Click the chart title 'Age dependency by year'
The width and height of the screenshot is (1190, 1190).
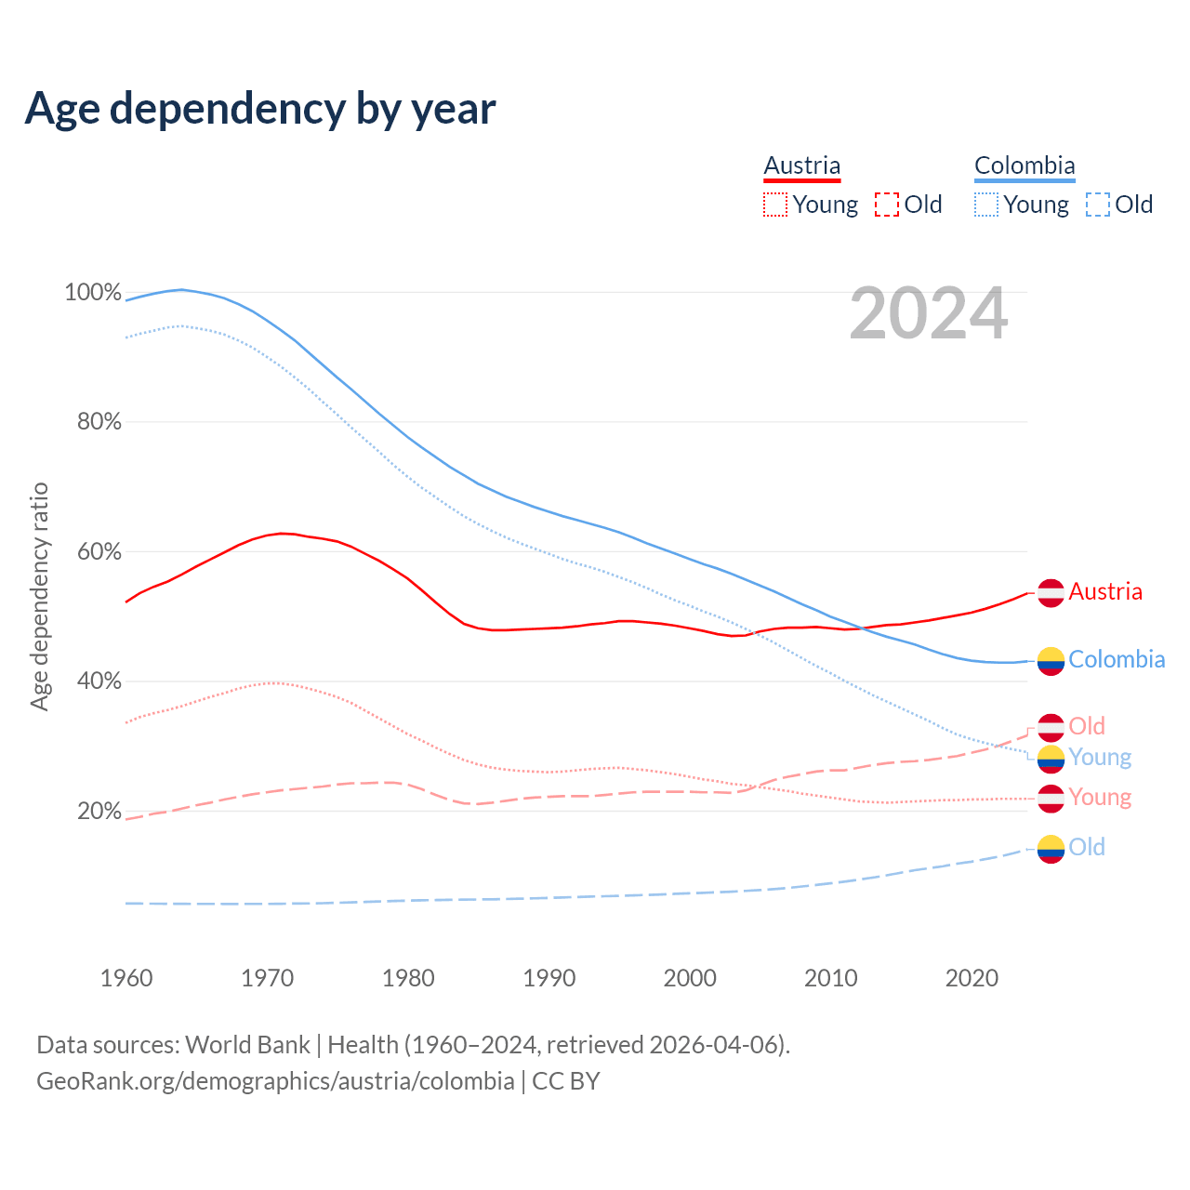click(x=260, y=109)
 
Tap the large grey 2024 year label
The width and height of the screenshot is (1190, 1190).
click(x=928, y=313)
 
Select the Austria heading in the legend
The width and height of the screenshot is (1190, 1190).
click(x=801, y=166)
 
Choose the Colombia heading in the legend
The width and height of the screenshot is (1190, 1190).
click(x=1025, y=166)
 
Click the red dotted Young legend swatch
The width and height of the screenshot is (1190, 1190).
click(x=775, y=205)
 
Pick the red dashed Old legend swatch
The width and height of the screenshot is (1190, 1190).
click(x=887, y=205)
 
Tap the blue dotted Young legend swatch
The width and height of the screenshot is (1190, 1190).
click(x=986, y=205)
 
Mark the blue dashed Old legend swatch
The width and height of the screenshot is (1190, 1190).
click(x=1098, y=205)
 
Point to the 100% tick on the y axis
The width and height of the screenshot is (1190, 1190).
click(x=93, y=293)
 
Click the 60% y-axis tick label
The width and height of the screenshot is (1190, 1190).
click(x=99, y=552)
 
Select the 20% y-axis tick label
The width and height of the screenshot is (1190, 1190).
click(x=99, y=812)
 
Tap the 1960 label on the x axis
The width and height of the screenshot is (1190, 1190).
click(x=126, y=978)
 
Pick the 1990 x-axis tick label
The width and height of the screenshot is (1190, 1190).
click(x=549, y=978)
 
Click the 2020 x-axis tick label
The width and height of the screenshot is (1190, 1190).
click(x=972, y=978)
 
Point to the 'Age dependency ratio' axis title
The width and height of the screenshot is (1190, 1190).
click(x=39, y=596)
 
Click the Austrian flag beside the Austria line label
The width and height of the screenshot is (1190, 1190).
click(x=1051, y=592)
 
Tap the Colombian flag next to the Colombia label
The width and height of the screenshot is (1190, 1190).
click(x=1051, y=660)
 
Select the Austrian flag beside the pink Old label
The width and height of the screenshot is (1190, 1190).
click(x=1051, y=727)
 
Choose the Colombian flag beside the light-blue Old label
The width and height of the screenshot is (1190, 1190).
click(x=1051, y=848)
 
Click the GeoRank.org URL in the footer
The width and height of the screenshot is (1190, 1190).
click(x=275, y=1081)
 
